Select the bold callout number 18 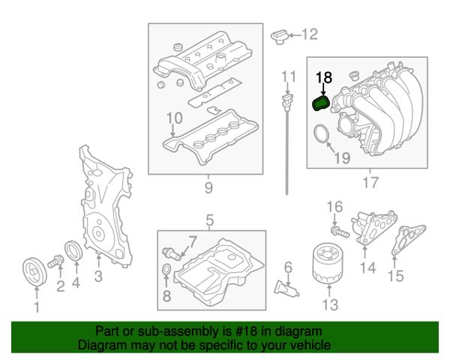click(x=324, y=77)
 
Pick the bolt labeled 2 click(x=55, y=262)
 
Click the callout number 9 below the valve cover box click(x=208, y=187)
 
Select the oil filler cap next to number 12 click(x=279, y=37)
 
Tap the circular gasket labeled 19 click(x=322, y=134)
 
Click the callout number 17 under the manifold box click(x=370, y=182)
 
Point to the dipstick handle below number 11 click(x=287, y=100)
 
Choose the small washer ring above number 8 click(x=166, y=270)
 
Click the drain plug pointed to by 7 click(x=172, y=253)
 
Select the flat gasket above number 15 click(x=409, y=240)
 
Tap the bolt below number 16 click(x=340, y=232)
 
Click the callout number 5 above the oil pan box click(x=210, y=220)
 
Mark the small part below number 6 click(x=286, y=288)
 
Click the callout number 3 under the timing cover click(x=98, y=276)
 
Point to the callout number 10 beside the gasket click(x=175, y=118)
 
